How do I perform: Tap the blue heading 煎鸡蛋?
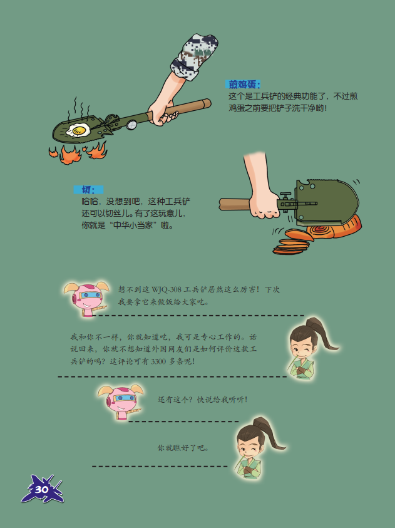coord(243,85)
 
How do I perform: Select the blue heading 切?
coord(88,190)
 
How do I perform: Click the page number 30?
coord(41,489)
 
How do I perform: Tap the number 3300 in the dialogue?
coord(158,361)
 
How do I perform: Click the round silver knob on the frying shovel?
coord(132,125)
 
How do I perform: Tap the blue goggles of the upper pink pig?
coord(90,296)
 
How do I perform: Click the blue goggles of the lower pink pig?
coord(124,398)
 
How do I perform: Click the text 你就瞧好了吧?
coord(183,448)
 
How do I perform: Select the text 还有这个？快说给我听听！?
coord(203,400)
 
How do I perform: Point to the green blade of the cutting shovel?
coord(326,202)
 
